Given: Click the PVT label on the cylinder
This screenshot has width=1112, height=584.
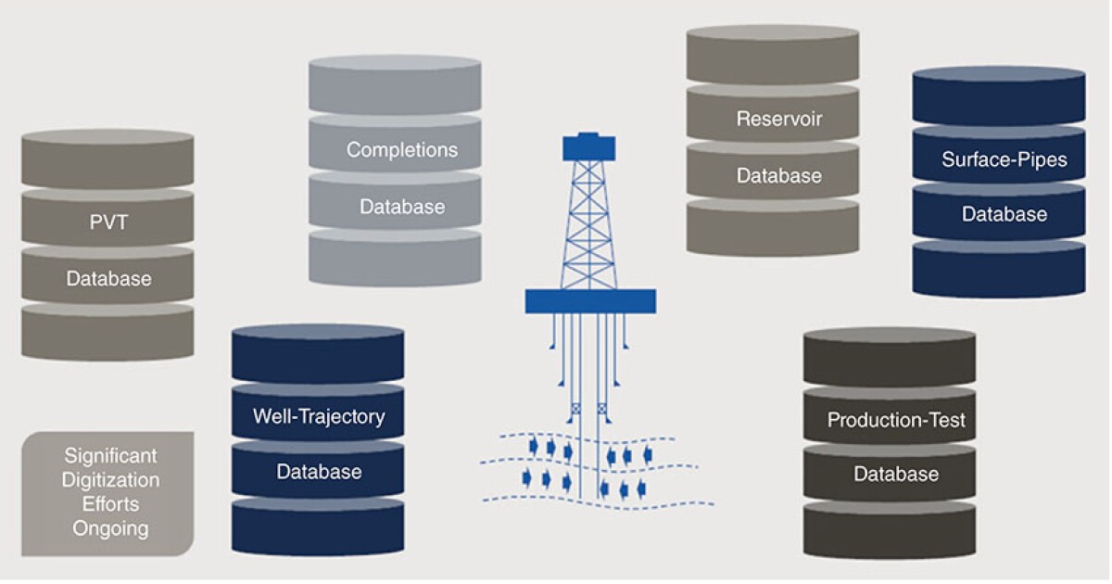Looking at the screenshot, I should tap(107, 223).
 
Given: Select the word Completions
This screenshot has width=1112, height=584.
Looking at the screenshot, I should tap(402, 149).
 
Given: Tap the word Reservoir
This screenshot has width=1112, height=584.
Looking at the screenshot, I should tap(779, 119).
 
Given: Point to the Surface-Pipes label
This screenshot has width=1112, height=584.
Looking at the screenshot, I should tap(1005, 159).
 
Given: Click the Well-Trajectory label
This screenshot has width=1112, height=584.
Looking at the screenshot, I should tap(319, 416).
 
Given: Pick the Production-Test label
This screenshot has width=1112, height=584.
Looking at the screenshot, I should tap(896, 420).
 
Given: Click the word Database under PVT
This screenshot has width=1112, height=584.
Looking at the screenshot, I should tap(107, 278).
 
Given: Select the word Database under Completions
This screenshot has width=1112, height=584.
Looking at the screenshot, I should tap(402, 206).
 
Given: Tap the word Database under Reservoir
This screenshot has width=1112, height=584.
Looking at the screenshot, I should tap(779, 175).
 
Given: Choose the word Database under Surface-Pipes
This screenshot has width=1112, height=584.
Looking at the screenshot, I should tap(1005, 214).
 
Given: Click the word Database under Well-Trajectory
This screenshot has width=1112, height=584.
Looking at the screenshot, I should tap(319, 472).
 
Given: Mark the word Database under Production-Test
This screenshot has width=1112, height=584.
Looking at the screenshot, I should tap(896, 475).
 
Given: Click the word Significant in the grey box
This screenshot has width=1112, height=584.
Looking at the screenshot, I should tap(110, 456).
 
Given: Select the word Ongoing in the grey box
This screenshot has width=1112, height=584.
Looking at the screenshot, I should tap(110, 529).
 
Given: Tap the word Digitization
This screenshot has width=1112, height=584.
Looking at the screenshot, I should tap(110, 480).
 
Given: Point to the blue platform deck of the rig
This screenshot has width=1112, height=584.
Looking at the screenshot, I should tap(590, 300).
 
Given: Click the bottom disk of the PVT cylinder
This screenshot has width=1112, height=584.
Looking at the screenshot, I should tap(107, 332).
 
